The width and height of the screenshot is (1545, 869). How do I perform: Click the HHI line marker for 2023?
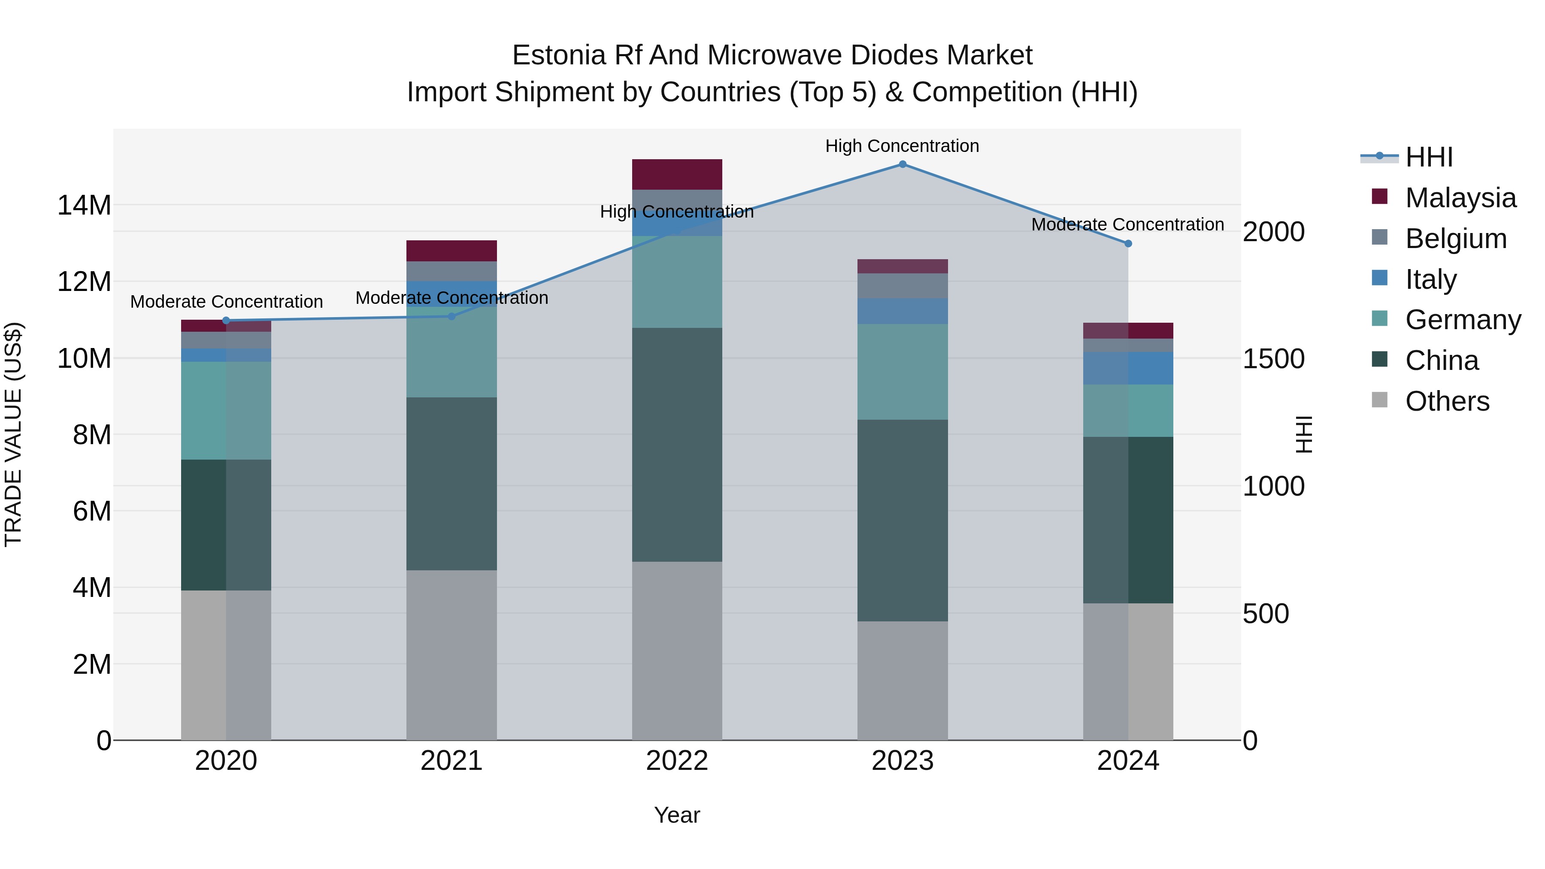tap(902, 164)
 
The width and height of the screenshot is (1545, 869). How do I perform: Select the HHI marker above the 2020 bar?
tap(226, 320)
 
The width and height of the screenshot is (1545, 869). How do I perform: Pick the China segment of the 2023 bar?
tap(902, 520)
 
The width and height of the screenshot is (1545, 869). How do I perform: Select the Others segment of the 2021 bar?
tap(451, 655)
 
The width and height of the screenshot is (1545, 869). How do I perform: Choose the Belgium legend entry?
tap(1456, 239)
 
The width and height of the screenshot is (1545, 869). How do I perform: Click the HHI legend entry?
tap(1429, 157)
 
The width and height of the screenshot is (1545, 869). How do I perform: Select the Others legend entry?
tap(1447, 401)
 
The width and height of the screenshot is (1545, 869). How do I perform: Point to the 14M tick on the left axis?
tap(84, 206)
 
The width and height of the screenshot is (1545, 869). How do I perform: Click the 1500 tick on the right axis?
tap(1273, 359)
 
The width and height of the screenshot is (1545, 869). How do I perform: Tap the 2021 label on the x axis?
tap(451, 761)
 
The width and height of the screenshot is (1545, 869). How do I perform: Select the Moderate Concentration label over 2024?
tap(1127, 225)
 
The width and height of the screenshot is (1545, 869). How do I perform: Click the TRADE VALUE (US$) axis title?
tap(13, 434)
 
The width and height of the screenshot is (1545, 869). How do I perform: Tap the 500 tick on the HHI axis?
tap(1266, 614)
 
